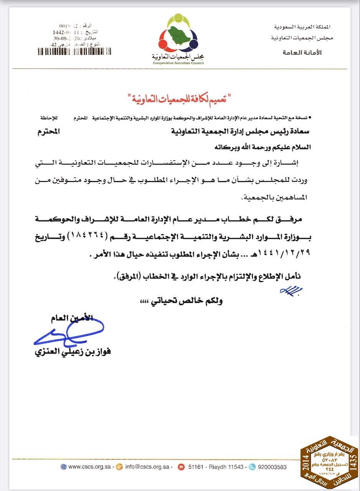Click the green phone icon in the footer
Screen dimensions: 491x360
[252, 467]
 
